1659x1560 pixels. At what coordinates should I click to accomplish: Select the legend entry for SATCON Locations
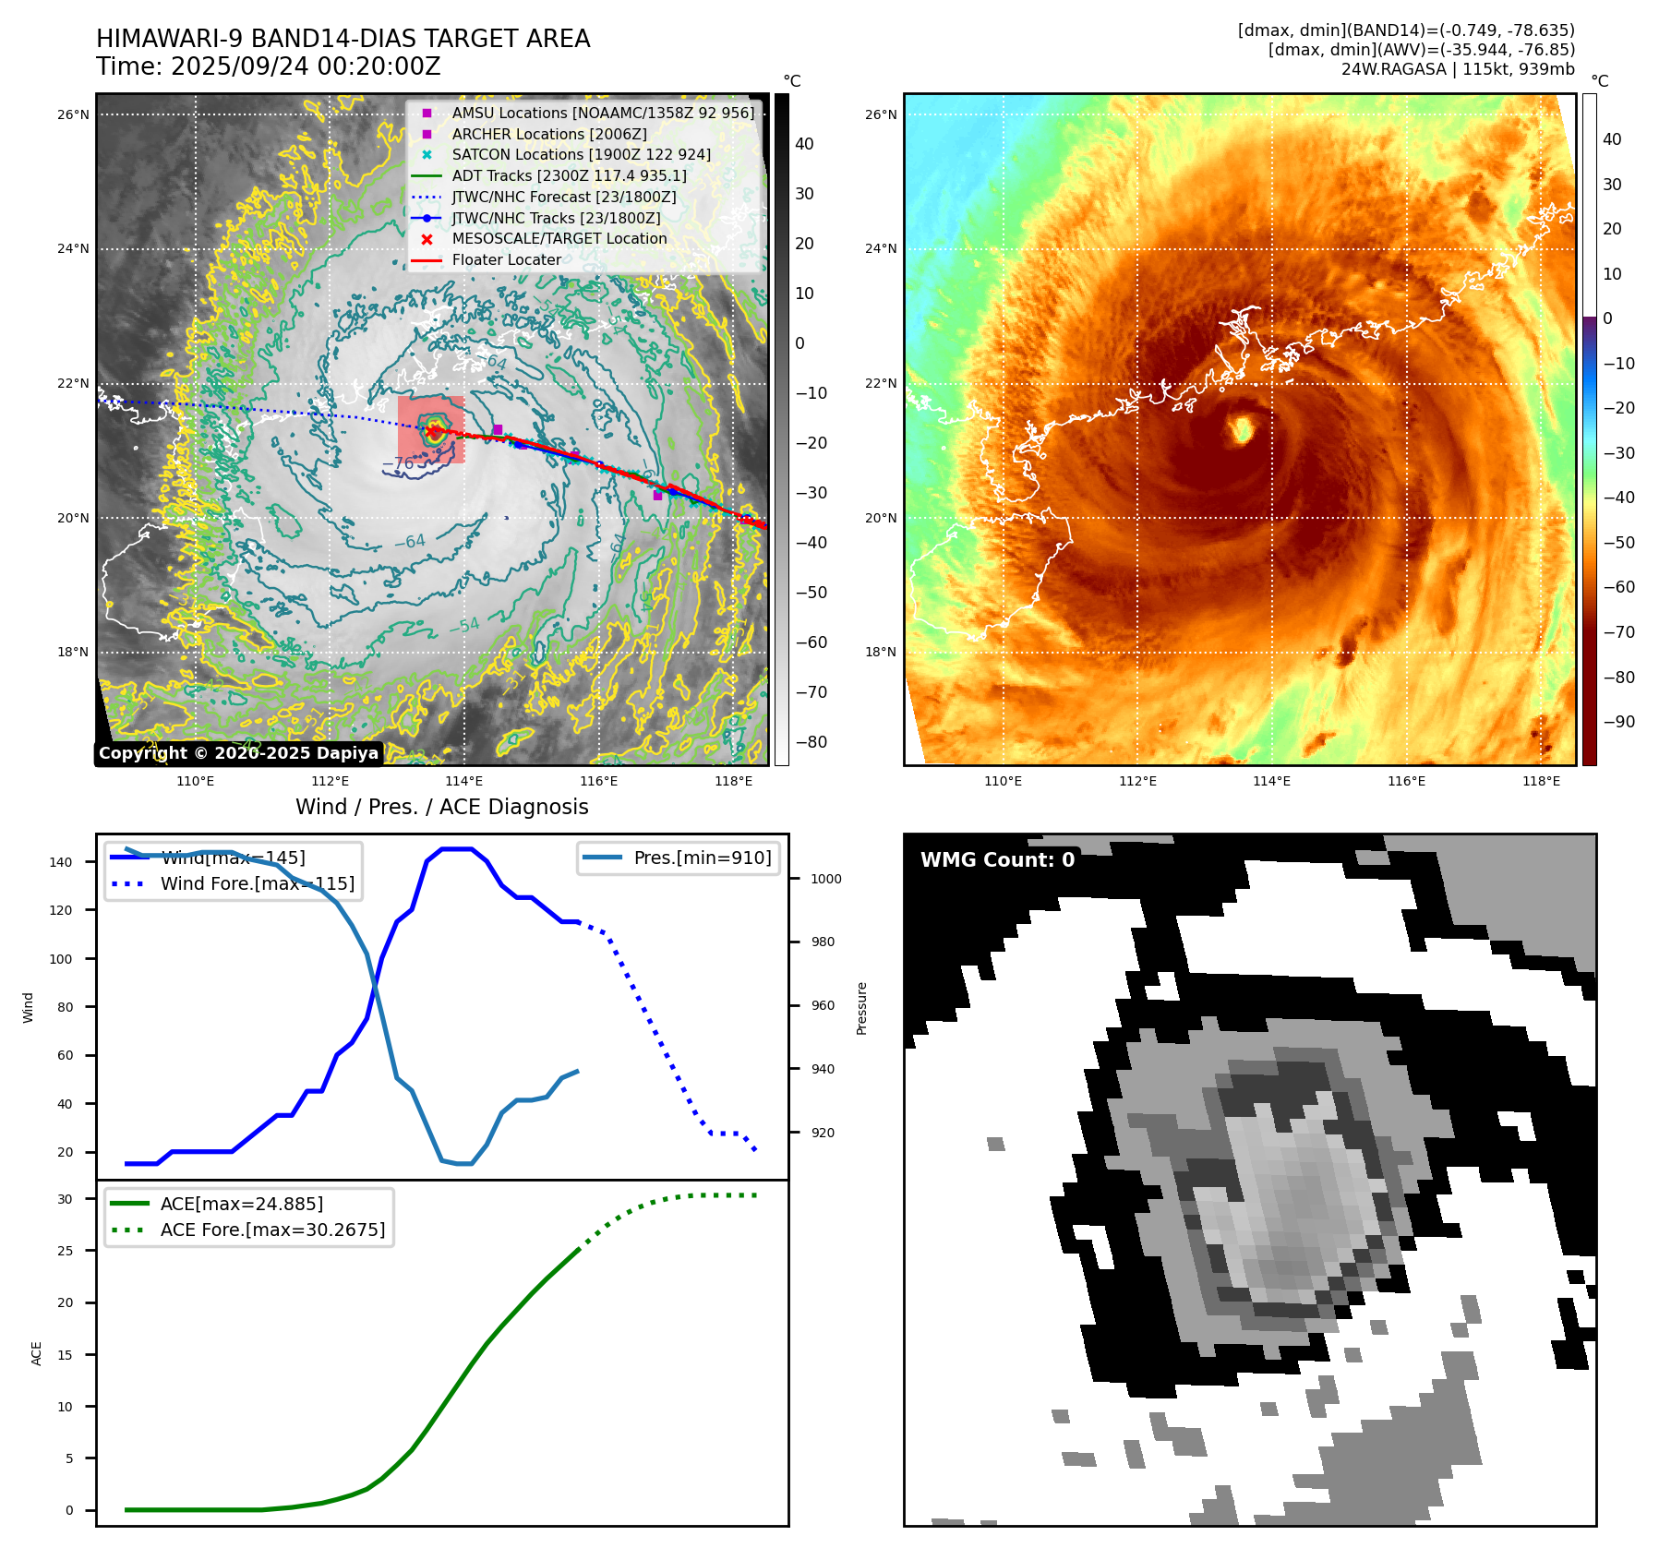581,155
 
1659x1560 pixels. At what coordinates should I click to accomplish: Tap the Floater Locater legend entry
506,260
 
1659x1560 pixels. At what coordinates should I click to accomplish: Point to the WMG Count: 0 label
997,860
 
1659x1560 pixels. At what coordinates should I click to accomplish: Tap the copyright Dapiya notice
238,753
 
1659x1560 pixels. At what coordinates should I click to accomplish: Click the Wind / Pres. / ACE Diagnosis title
441,807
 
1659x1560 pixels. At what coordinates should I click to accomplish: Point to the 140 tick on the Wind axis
61,862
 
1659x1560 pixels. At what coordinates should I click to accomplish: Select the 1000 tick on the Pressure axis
825,879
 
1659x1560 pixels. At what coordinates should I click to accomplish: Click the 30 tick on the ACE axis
65,1199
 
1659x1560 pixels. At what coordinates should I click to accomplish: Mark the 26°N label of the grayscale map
73,115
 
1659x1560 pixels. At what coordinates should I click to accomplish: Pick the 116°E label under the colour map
1406,781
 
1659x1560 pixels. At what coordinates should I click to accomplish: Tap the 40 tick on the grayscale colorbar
804,144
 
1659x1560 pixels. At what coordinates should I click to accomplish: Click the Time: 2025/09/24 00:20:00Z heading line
268,66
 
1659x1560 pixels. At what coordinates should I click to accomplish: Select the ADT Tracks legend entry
569,175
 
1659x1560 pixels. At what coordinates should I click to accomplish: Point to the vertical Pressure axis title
861,1007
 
